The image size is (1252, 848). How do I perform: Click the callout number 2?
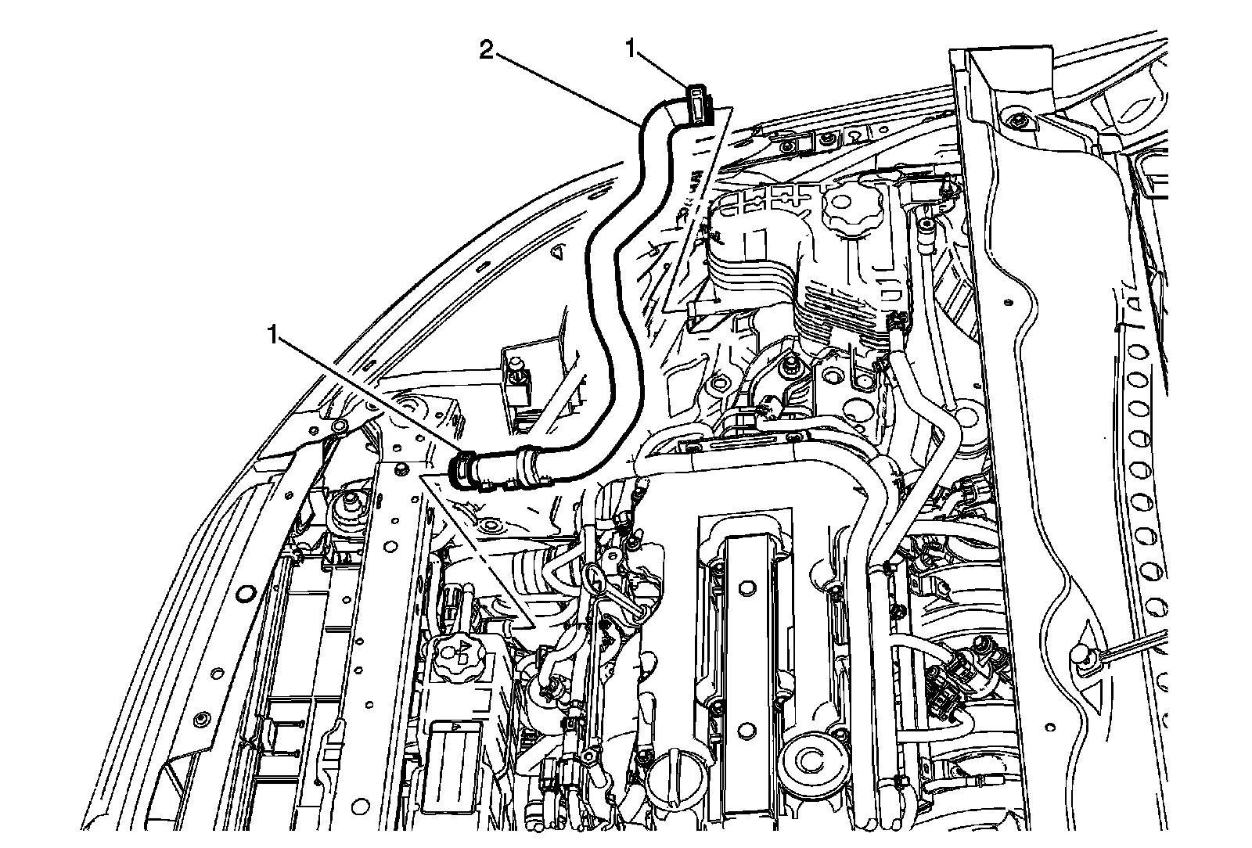486,52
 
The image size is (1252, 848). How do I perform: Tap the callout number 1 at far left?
272,337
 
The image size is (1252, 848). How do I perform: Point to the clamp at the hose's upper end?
698,102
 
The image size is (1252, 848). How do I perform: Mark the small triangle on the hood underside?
558,252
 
